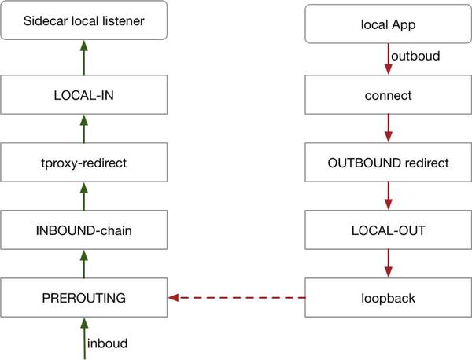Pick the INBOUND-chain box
85,231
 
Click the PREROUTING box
85,299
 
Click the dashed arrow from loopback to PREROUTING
236,299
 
